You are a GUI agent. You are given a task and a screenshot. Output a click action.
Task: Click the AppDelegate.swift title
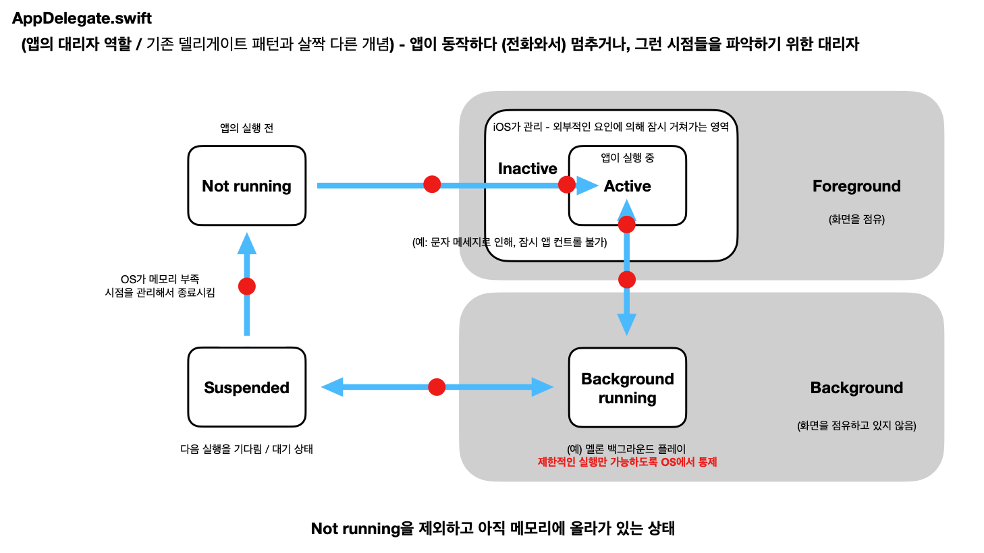[82, 18]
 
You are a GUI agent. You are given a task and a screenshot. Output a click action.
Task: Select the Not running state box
[246, 185]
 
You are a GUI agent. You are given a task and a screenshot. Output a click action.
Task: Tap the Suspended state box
[246, 387]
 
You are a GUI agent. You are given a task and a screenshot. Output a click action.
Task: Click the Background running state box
[627, 388]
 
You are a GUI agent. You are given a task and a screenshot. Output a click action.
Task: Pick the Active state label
[627, 186]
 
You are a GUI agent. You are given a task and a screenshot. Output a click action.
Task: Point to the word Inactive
[527, 169]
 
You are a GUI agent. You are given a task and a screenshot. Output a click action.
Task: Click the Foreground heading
[856, 186]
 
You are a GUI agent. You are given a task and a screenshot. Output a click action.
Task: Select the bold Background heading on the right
[856, 388]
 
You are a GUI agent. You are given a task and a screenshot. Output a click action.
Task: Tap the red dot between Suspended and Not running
[247, 287]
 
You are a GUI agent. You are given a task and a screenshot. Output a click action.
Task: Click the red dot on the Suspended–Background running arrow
[437, 387]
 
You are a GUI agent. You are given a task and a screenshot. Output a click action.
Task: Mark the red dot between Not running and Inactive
[432, 184]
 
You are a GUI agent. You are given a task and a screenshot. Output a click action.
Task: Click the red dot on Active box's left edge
[567, 184]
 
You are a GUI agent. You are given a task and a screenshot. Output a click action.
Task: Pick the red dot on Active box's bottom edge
[627, 225]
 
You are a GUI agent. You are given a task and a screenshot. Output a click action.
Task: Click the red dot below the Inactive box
[627, 279]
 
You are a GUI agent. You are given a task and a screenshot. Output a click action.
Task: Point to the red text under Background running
[627, 462]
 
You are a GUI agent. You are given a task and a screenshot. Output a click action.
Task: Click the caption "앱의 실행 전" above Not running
[246, 128]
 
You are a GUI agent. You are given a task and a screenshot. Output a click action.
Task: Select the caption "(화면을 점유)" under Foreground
[856, 219]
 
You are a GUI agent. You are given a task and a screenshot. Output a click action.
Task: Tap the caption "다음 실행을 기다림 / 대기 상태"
[246, 449]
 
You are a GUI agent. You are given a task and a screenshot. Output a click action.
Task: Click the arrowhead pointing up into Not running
[247, 243]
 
